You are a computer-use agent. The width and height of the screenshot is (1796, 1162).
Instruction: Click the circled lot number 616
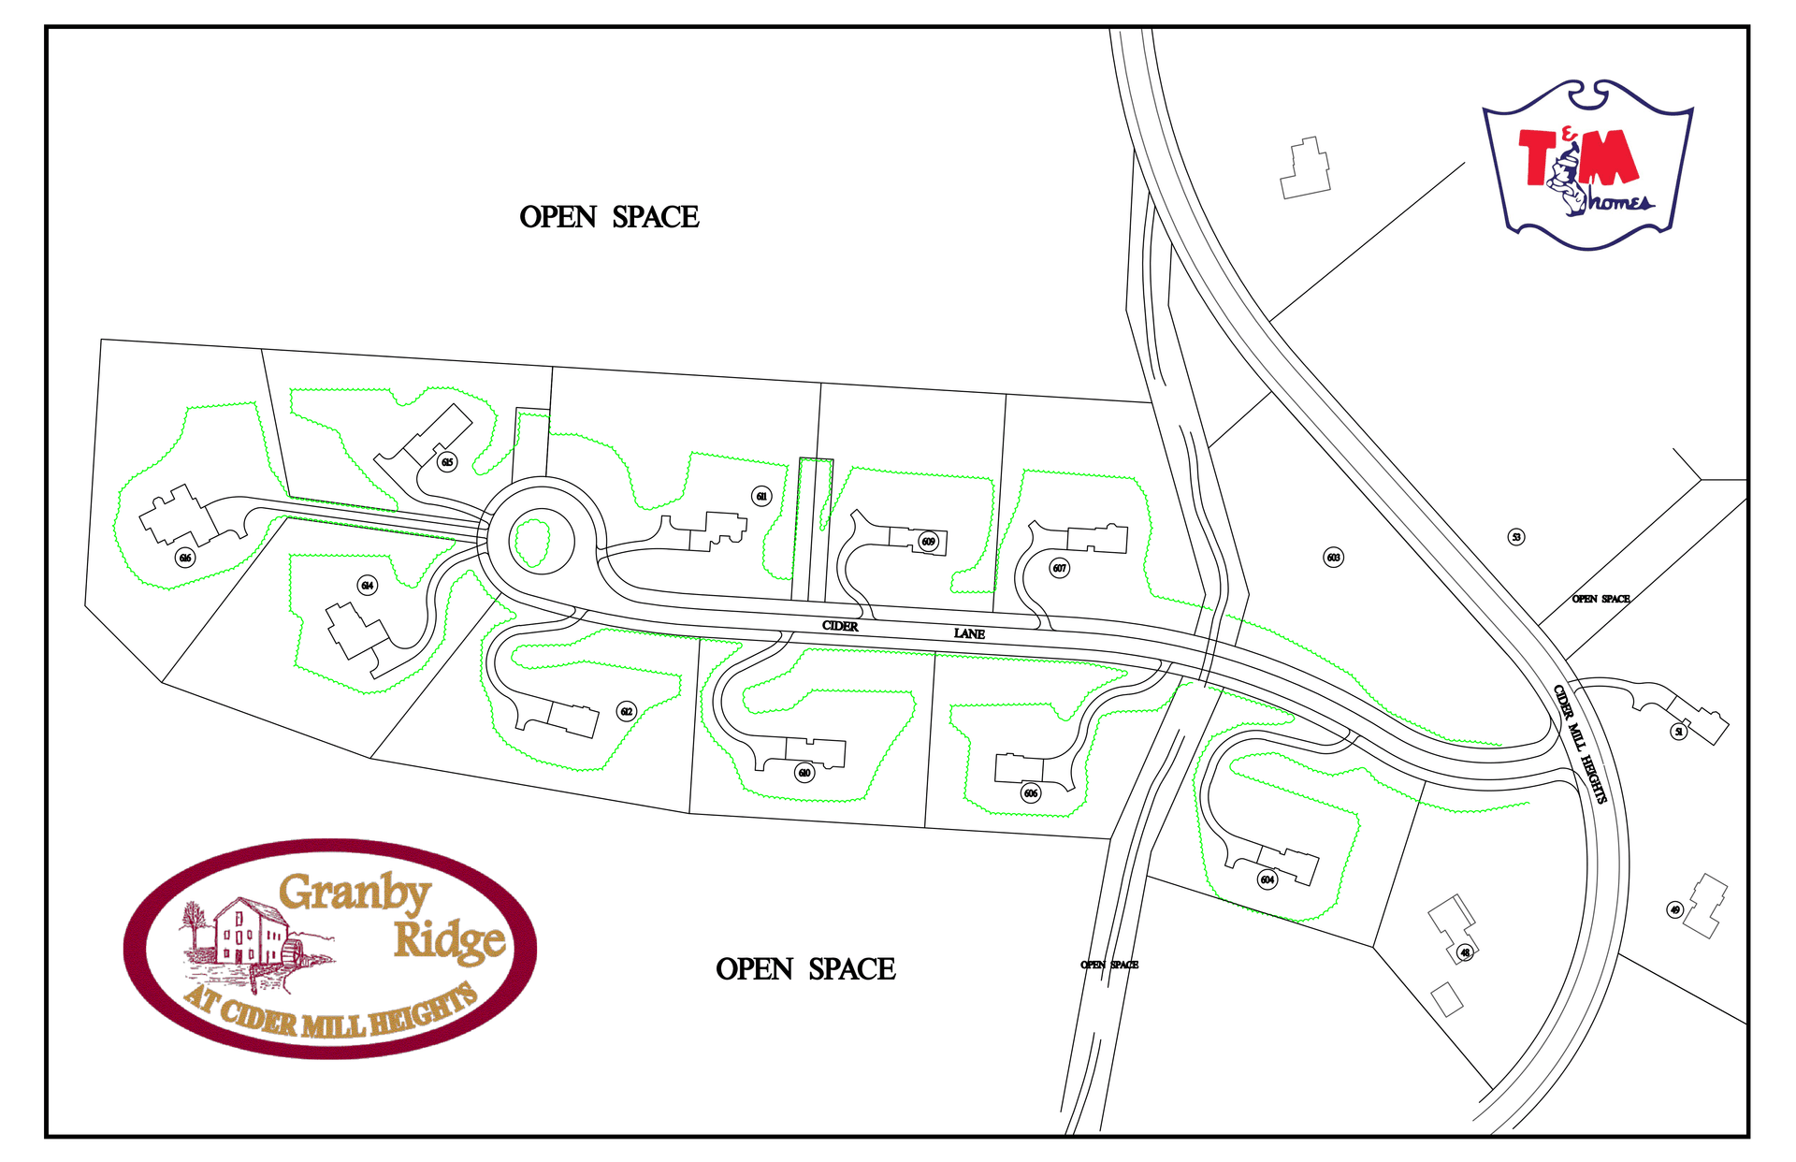tap(185, 559)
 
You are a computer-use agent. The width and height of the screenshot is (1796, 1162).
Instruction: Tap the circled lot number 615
tap(447, 462)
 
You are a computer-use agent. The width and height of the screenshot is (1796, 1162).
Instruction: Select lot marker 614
tap(368, 586)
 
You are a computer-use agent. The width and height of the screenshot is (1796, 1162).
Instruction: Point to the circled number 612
tap(627, 712)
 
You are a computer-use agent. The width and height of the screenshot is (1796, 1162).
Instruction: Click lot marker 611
tap(762, 497)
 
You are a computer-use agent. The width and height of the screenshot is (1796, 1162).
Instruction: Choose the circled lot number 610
tap(804, 773)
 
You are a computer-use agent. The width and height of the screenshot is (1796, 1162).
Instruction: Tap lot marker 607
tap(1059, 568)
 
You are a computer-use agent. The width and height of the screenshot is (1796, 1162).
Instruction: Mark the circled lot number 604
tap(1267, 879)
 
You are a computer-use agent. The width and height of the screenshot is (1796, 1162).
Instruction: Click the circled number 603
tap(1334, 558)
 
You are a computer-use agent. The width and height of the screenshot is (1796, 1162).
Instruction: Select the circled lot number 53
tap(1516, 537)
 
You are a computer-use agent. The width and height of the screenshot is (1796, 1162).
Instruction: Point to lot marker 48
tap(1465, 952)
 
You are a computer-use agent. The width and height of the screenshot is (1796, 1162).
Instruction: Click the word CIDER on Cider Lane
tap(840, 626)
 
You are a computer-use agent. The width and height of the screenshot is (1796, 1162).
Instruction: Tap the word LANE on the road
tap(969, 633)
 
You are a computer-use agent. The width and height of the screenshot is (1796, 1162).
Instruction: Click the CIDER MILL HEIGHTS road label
tap(1581, 745)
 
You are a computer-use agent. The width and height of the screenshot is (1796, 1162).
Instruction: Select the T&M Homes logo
tap(1587, 165)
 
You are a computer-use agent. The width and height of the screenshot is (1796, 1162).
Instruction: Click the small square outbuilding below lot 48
tap(1447, 999)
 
